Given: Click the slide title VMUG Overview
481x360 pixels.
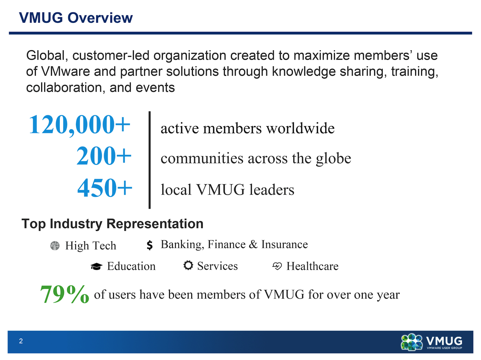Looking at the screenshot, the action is (76, 18).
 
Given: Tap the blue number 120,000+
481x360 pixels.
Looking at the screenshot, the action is (80, 125).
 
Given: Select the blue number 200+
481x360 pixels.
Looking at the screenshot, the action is (104, 155).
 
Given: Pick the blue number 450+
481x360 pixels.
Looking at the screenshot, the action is (105, 188).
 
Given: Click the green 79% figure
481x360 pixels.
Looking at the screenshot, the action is (64, 294).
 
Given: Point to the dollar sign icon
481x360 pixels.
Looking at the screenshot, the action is (150, 245).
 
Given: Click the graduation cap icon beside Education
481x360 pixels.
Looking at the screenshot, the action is (97, 266).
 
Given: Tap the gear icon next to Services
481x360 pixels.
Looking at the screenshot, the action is (188, 265).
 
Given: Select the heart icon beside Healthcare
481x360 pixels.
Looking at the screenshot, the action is (277, 266).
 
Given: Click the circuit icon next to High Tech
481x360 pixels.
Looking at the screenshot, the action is (55, 246).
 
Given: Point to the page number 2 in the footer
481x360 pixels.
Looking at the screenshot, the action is (21, 341).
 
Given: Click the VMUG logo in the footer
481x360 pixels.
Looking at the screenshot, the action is (431, 342).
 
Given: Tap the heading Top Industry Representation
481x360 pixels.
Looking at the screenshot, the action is (112, 224).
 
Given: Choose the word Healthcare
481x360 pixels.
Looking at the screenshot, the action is (313, 266).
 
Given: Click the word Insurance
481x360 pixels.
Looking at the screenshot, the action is (284, 244).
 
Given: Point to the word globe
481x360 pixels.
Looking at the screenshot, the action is (334, 158).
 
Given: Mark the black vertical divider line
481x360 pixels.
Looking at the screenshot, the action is (150, 160).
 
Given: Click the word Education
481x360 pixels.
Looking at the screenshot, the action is (131, 266).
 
